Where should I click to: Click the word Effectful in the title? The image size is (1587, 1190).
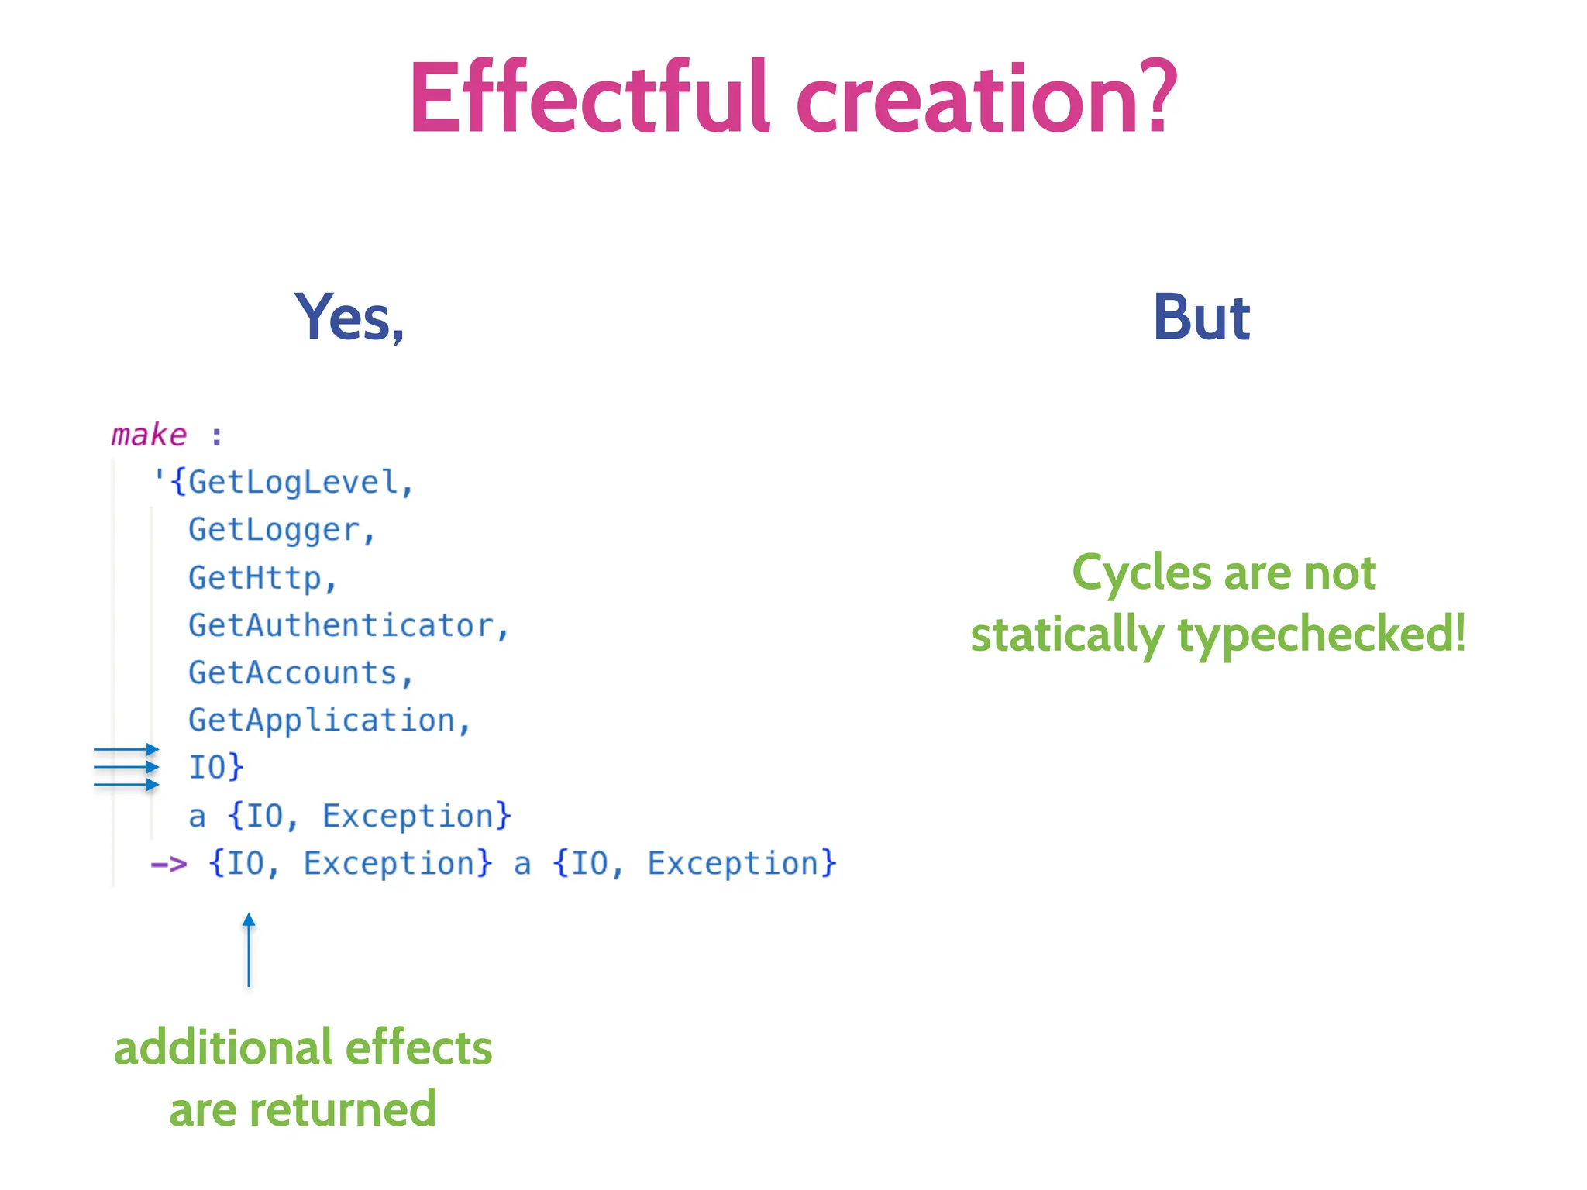589,99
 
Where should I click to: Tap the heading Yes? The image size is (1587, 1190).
349,318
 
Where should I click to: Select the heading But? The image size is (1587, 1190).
1201,318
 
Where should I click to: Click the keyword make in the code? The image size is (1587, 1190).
149,435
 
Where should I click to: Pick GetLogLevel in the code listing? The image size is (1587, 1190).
293,483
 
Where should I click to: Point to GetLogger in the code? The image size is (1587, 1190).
274,530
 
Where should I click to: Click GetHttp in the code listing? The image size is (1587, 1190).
254,578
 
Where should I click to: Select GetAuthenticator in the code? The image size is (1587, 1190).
341,625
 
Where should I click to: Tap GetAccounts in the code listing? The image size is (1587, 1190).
293,673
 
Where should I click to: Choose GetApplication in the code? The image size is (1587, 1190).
322,721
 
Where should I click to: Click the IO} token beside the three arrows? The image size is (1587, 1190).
216,768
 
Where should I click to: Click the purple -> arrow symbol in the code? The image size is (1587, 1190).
169,864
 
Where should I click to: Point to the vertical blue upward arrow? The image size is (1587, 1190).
249,950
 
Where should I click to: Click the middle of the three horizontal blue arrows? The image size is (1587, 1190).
126,768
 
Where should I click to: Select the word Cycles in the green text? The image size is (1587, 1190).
1141,573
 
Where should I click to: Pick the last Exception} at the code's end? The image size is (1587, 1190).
742,864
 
